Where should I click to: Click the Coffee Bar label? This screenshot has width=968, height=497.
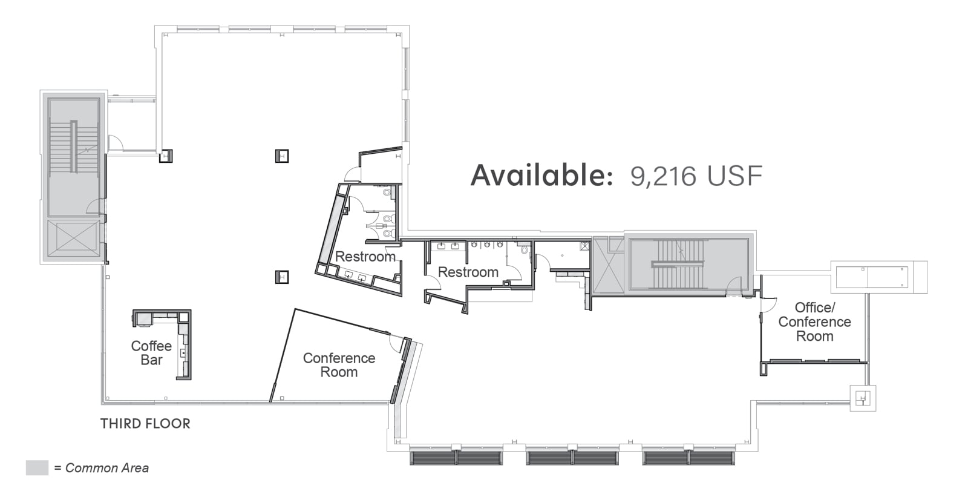[151, 352]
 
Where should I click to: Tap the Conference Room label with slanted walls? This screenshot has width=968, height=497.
[339, 364]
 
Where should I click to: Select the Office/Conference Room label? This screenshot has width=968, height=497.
[814, 322]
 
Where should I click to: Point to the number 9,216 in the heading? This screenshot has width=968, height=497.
[663, 176]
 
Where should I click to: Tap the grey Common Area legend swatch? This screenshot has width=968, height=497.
[37, 467]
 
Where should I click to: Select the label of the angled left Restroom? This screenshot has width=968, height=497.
[365, 257]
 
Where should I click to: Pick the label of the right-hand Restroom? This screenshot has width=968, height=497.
[468, 272]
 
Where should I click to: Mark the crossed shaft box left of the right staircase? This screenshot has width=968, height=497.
[609, 265]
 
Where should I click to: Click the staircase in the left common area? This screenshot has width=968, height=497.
[74, 147]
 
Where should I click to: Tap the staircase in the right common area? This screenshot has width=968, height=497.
[678, 263]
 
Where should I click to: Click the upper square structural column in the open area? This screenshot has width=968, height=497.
[282, 156]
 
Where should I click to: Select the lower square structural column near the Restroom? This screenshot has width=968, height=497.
[282, 277]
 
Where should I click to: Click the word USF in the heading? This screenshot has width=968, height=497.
[734, 176]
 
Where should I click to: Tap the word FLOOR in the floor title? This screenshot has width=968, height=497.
[168, 424]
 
